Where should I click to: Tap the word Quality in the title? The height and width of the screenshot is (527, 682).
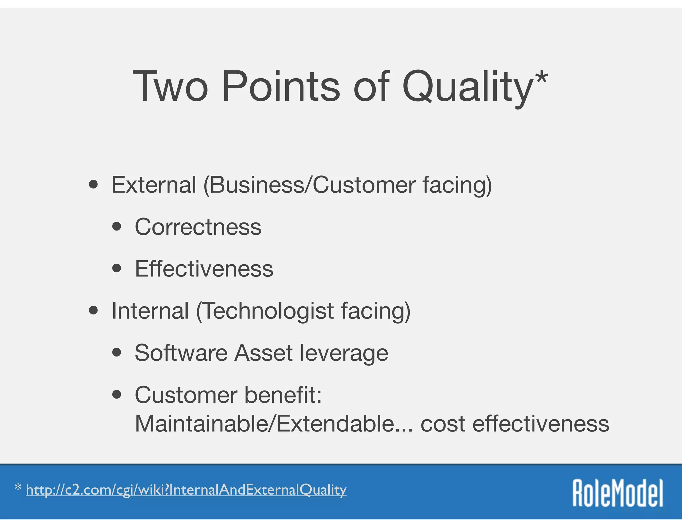pyautogui.click(x=468, y=87)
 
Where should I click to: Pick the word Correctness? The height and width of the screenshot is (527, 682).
pyautogui.click(x=198, y=227)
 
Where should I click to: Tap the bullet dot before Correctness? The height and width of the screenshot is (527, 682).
pyautogui.click(x=117, y=227)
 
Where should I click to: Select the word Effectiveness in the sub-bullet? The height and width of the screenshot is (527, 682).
pyautogui.click(x=204, y=269)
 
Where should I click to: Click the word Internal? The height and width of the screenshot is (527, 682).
pyautogui.click(x=150, y=311)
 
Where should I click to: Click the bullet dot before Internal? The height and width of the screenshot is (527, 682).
pyautogui.click(x=94, y=311)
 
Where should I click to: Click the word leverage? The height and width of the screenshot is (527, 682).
pyautogui.click(x=344, y=353)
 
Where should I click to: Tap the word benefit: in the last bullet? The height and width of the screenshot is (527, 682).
pyautogui.click(x=283, y=395)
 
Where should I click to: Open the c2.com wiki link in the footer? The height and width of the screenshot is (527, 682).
pyautogui.click(x=186, y=490)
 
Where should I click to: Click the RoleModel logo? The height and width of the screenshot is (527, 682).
pyautogui.click(x=618, y=493)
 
